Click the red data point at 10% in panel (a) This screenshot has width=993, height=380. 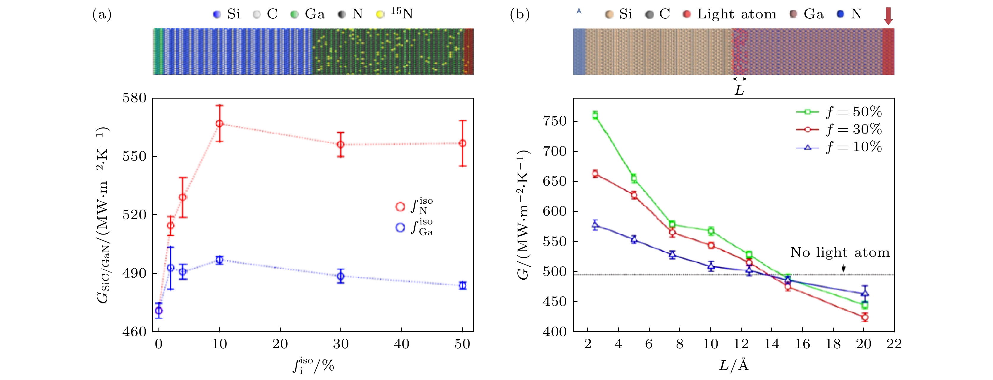click(x=219, y=124)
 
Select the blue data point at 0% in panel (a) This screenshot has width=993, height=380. click(x=158, y=311)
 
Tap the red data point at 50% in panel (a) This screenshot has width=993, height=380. click(x=463, y=143)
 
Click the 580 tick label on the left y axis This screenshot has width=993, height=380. click(x=134, y=98)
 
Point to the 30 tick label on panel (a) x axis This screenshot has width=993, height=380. click(x=341, y=344)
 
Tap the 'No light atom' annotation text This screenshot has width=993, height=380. click(x=840, y=252)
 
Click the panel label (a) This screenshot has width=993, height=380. click(x=102, y=14)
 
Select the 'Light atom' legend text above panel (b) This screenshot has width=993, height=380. click(x=736, y=14)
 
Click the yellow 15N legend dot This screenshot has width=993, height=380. click(x=380, y=15)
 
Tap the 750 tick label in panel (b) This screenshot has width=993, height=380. click(x=555, y=121)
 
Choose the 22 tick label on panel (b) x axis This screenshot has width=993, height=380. click(x=894, y=344)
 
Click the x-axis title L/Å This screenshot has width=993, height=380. click(x=734, y=365)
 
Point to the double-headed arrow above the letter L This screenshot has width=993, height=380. click(x=739, y=79)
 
